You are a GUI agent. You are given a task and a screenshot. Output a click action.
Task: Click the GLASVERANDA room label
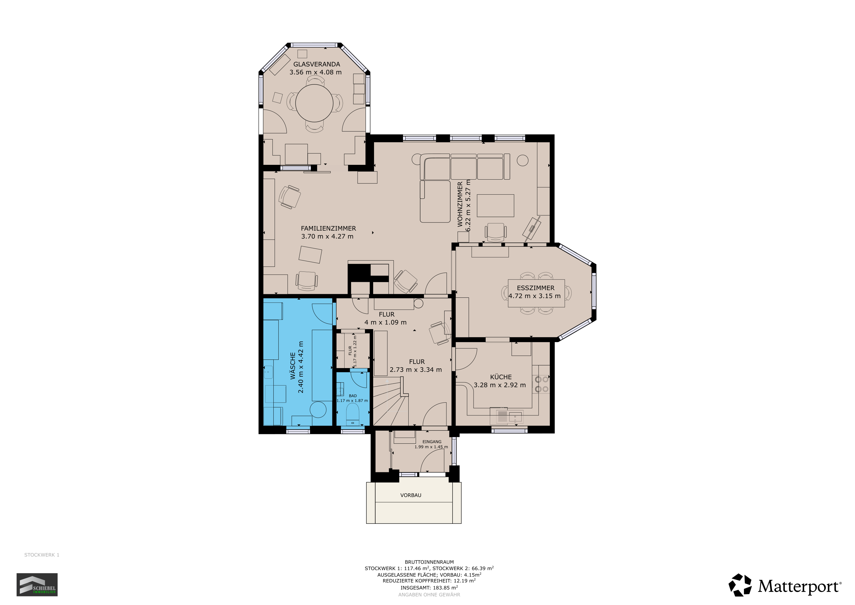point(316,64)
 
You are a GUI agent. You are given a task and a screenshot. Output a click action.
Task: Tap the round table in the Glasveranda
point(314,103)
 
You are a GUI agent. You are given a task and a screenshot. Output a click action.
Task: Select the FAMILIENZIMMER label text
point(328,228)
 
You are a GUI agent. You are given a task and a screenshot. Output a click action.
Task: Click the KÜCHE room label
point(501,377)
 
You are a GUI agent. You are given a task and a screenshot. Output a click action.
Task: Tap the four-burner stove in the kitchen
point(541,384)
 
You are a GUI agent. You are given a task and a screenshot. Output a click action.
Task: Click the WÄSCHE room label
point(293,366)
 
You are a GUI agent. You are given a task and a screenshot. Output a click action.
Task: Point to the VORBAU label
point(411,495)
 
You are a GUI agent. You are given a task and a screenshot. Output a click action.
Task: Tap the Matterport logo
point(785,586)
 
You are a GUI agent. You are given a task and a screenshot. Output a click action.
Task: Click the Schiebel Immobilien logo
point(37,585)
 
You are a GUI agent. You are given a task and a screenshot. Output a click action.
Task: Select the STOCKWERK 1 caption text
point(42,555)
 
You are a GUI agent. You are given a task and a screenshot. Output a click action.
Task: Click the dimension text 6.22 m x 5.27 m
point(468,205)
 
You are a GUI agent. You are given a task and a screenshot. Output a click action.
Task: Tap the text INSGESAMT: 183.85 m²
point(429,588)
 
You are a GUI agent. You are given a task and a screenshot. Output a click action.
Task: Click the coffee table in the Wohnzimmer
point(495,206)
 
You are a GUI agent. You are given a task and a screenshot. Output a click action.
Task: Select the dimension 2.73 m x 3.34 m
point(416,370)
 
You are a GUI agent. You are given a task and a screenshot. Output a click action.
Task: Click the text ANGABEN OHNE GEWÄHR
point(429,595)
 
